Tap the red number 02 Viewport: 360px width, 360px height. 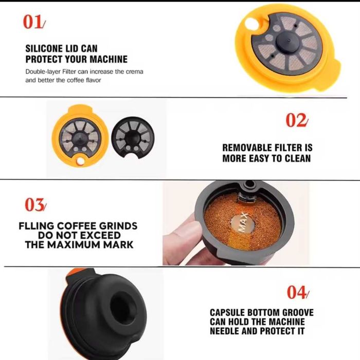[x=297, y=121]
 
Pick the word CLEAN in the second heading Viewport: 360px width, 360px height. [x=296, y=158]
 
